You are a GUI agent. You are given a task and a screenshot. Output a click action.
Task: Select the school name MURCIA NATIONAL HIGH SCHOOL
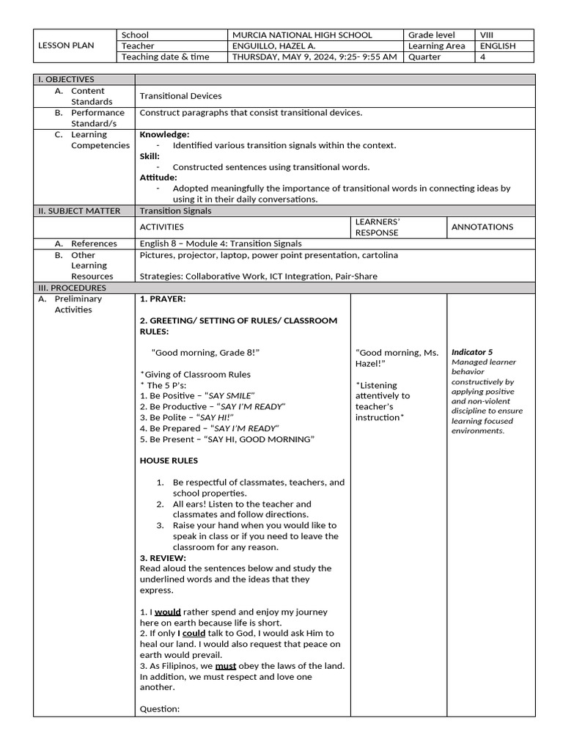[x=302, y=34]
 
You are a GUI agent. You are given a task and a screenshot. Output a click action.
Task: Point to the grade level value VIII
[x=487, y=34]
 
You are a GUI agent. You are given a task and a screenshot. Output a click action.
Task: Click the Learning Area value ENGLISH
[x=497, y=45]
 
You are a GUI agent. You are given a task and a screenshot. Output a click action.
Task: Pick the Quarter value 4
[x=482, y=56]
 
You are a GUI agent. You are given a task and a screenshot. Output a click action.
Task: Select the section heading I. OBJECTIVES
[x=66, y=79]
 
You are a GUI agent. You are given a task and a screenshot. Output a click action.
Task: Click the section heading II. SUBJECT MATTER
[x=79, y=210]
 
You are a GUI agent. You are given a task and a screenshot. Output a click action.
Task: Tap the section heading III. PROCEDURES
[x=72, y=287]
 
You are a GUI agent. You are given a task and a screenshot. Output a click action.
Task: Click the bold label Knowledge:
[x=164, y=134]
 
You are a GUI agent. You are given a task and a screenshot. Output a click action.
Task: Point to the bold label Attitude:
[x=158, y=177]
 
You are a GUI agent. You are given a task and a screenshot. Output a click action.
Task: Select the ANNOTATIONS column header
[x=482, y=227]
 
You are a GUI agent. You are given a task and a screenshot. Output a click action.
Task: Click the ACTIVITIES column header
[x=162, y=227]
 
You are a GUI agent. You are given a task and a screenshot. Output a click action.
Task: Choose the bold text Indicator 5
[x=472, y=352]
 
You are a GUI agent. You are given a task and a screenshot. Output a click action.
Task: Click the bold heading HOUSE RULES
[x=169, y=461]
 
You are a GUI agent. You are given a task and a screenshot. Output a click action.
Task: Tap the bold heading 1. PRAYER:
[x=162, y=298]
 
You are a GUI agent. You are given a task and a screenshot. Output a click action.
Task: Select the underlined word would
[x=167, y=612]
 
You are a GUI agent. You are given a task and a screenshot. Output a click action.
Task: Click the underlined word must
[x=225, y=666]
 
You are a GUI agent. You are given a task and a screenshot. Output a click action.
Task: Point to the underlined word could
[x=194, y=633]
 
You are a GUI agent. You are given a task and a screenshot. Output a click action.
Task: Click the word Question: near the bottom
[x=159, y=709]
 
